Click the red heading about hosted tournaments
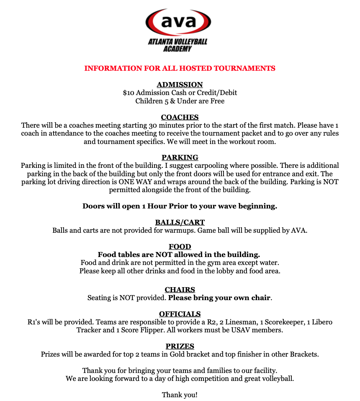click(x=180, y=68)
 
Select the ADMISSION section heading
click(x=180, y=85)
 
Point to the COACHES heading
click(x=180, y=117)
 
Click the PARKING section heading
click(x=180, y=157)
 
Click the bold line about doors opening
click(x=180, y=206)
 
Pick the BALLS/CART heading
click(x=180, y=222)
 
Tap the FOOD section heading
click(x=180, y=247)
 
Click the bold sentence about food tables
click(x=179, y=254)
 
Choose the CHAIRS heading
click(x=180, y=290)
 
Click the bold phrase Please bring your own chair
click(x=219, y=298)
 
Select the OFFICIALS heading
click(x=180, y=314)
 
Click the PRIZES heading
click(x=180, y=346)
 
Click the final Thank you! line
click(x=180, y=394)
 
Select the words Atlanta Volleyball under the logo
click(x=177, y=41)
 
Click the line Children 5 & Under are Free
click(x=180, y=101)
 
